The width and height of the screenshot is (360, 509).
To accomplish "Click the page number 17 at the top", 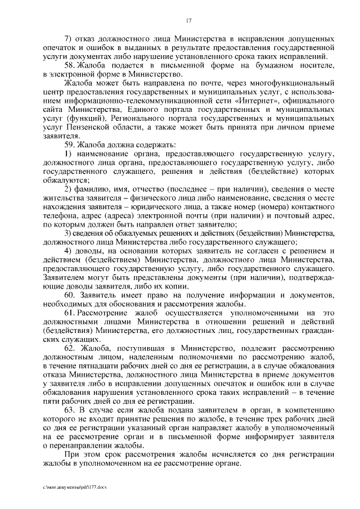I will [189, 21].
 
